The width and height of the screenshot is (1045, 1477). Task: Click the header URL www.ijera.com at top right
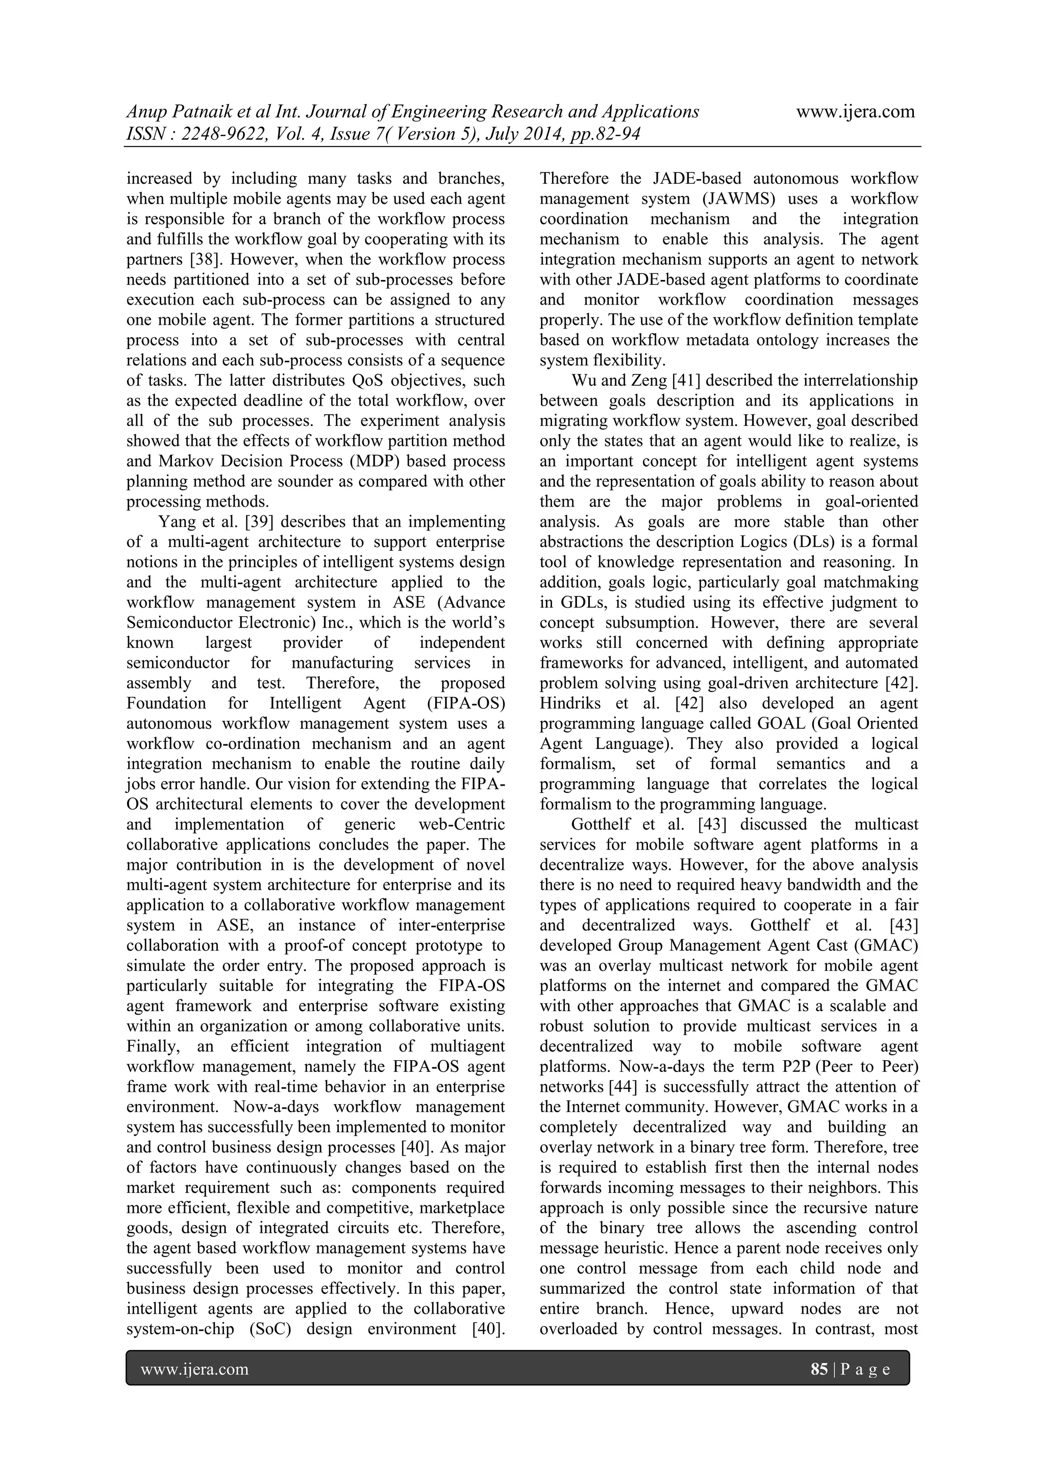(x=855, y=112)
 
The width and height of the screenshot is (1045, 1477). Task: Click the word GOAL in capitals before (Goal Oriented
(x=781, y=723)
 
